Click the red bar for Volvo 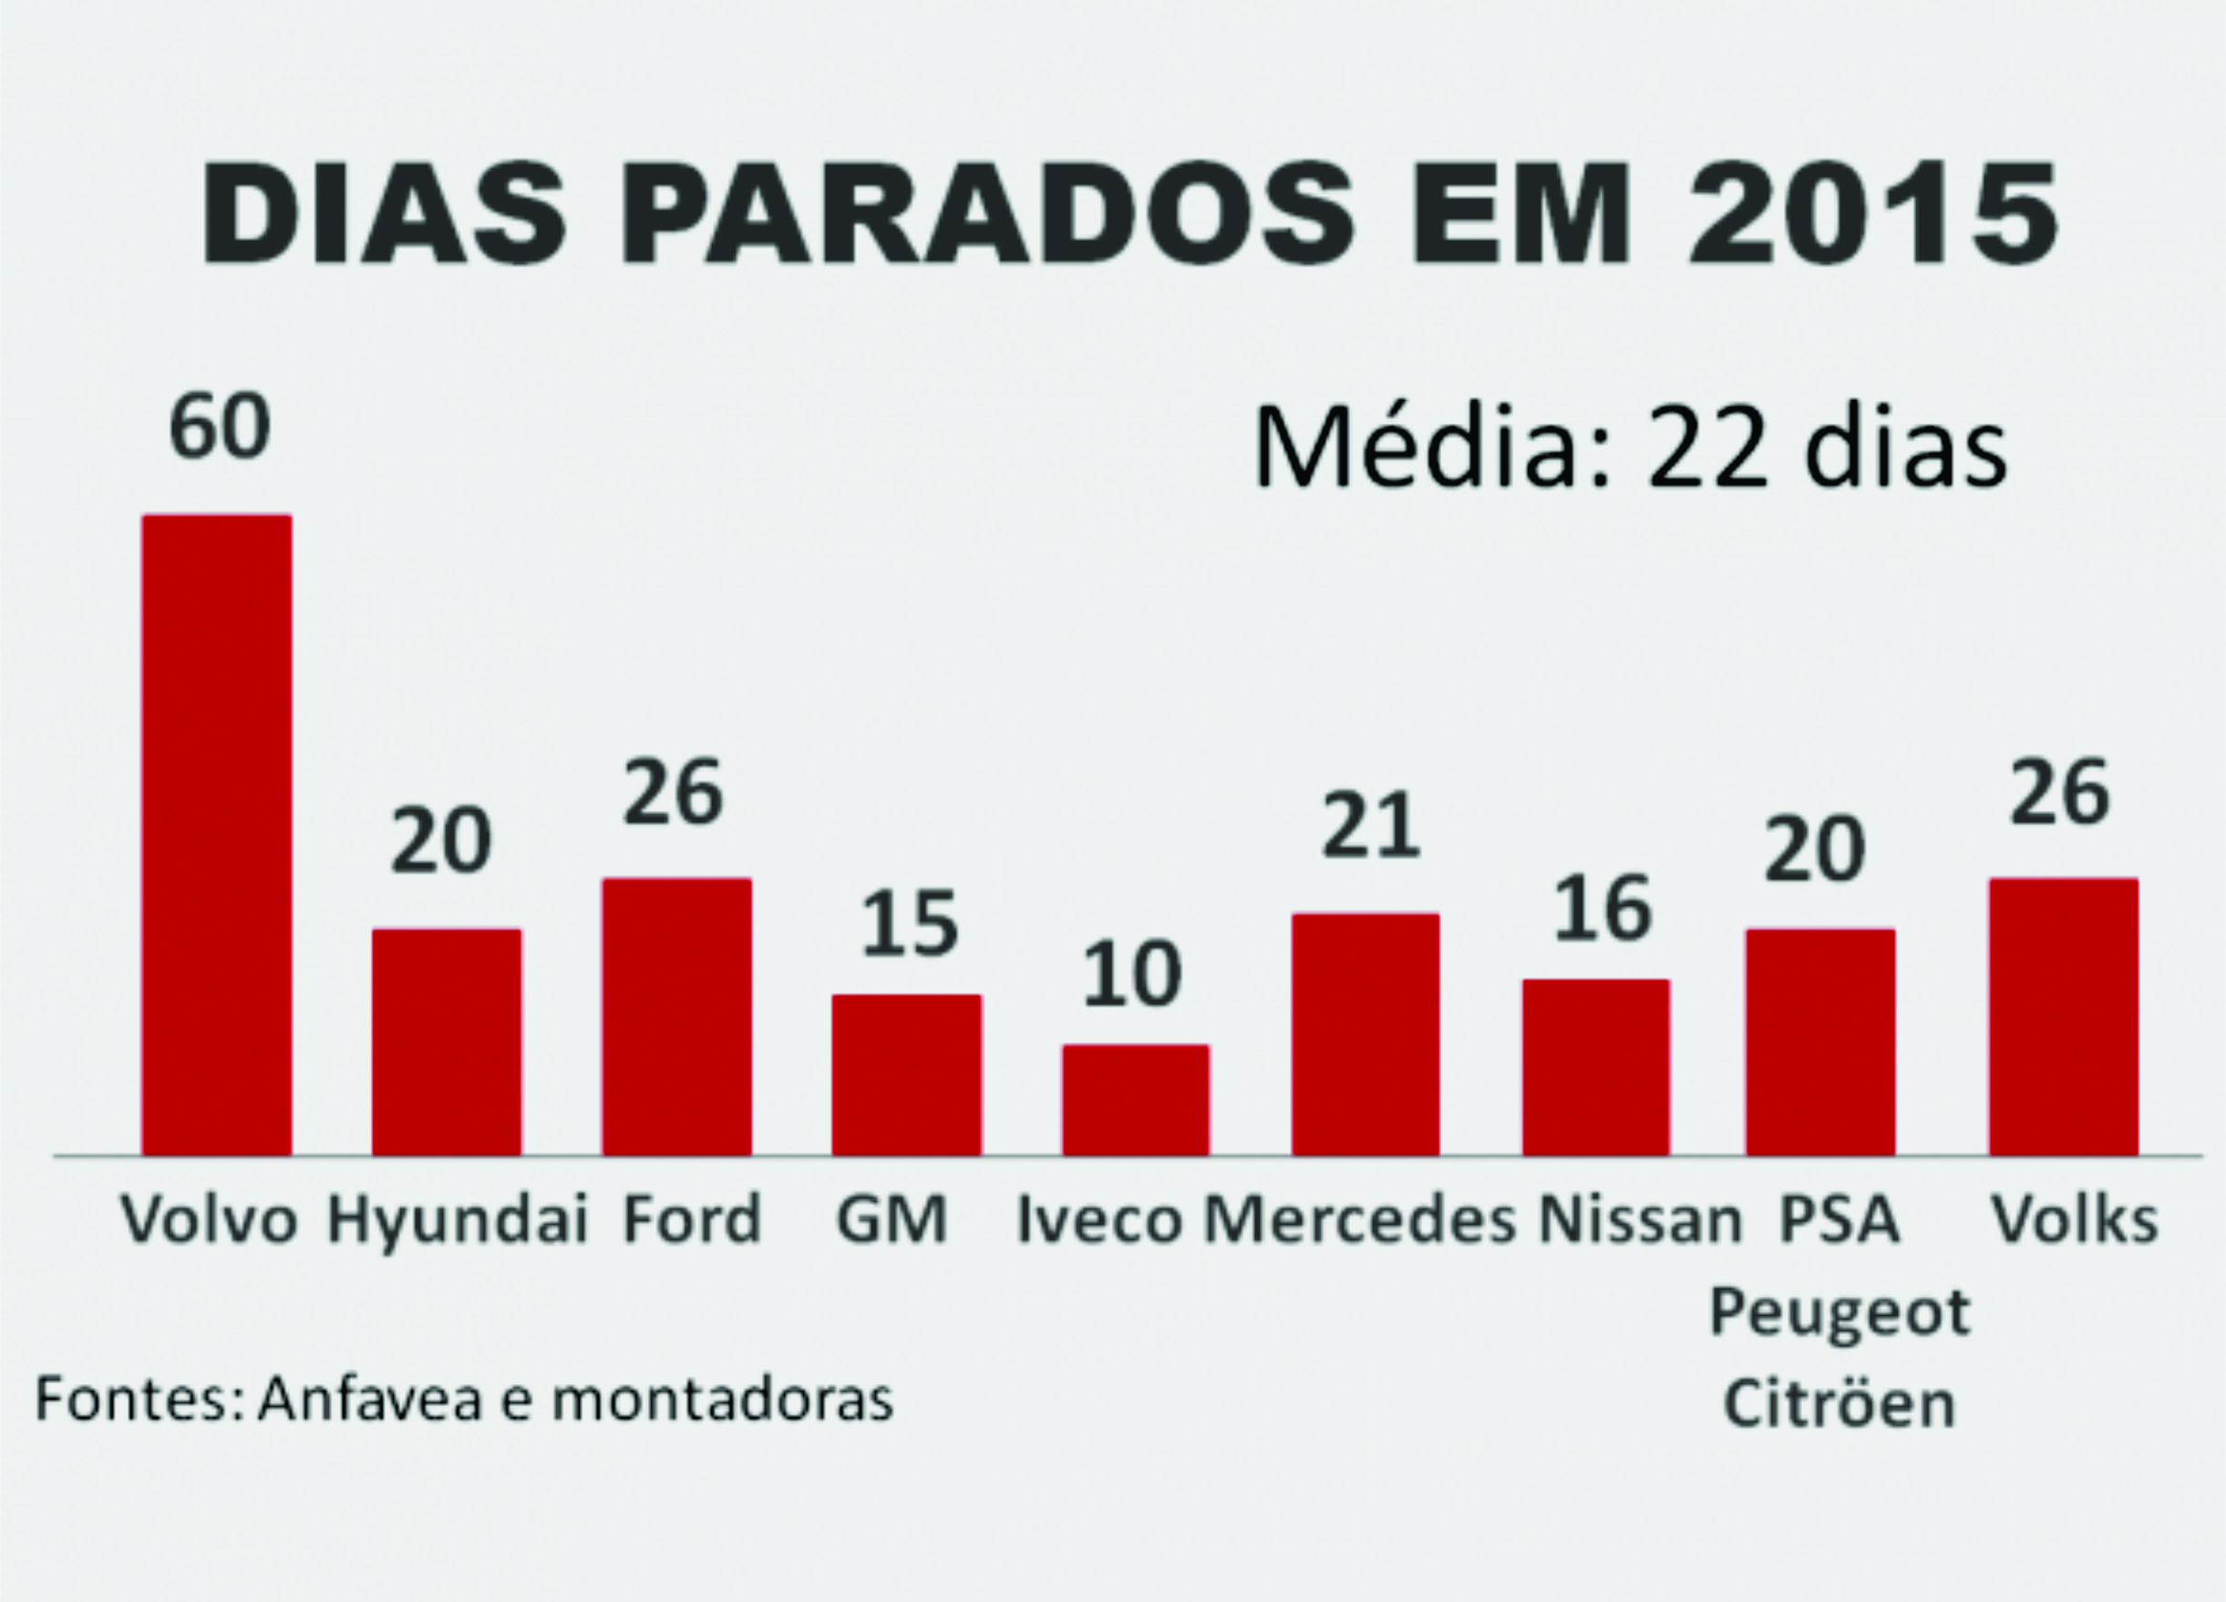[217, 834]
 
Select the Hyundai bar [447, 1041]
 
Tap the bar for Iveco [1136, 1099]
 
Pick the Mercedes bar [1365, 1033]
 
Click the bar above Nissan [1596, 1066]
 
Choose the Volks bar [2063, 1015]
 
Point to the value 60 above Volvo [219, 427]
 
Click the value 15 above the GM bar [909, 924]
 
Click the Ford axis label [693, 1219]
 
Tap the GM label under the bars [891, 1219]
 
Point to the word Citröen [1840, 1404]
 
